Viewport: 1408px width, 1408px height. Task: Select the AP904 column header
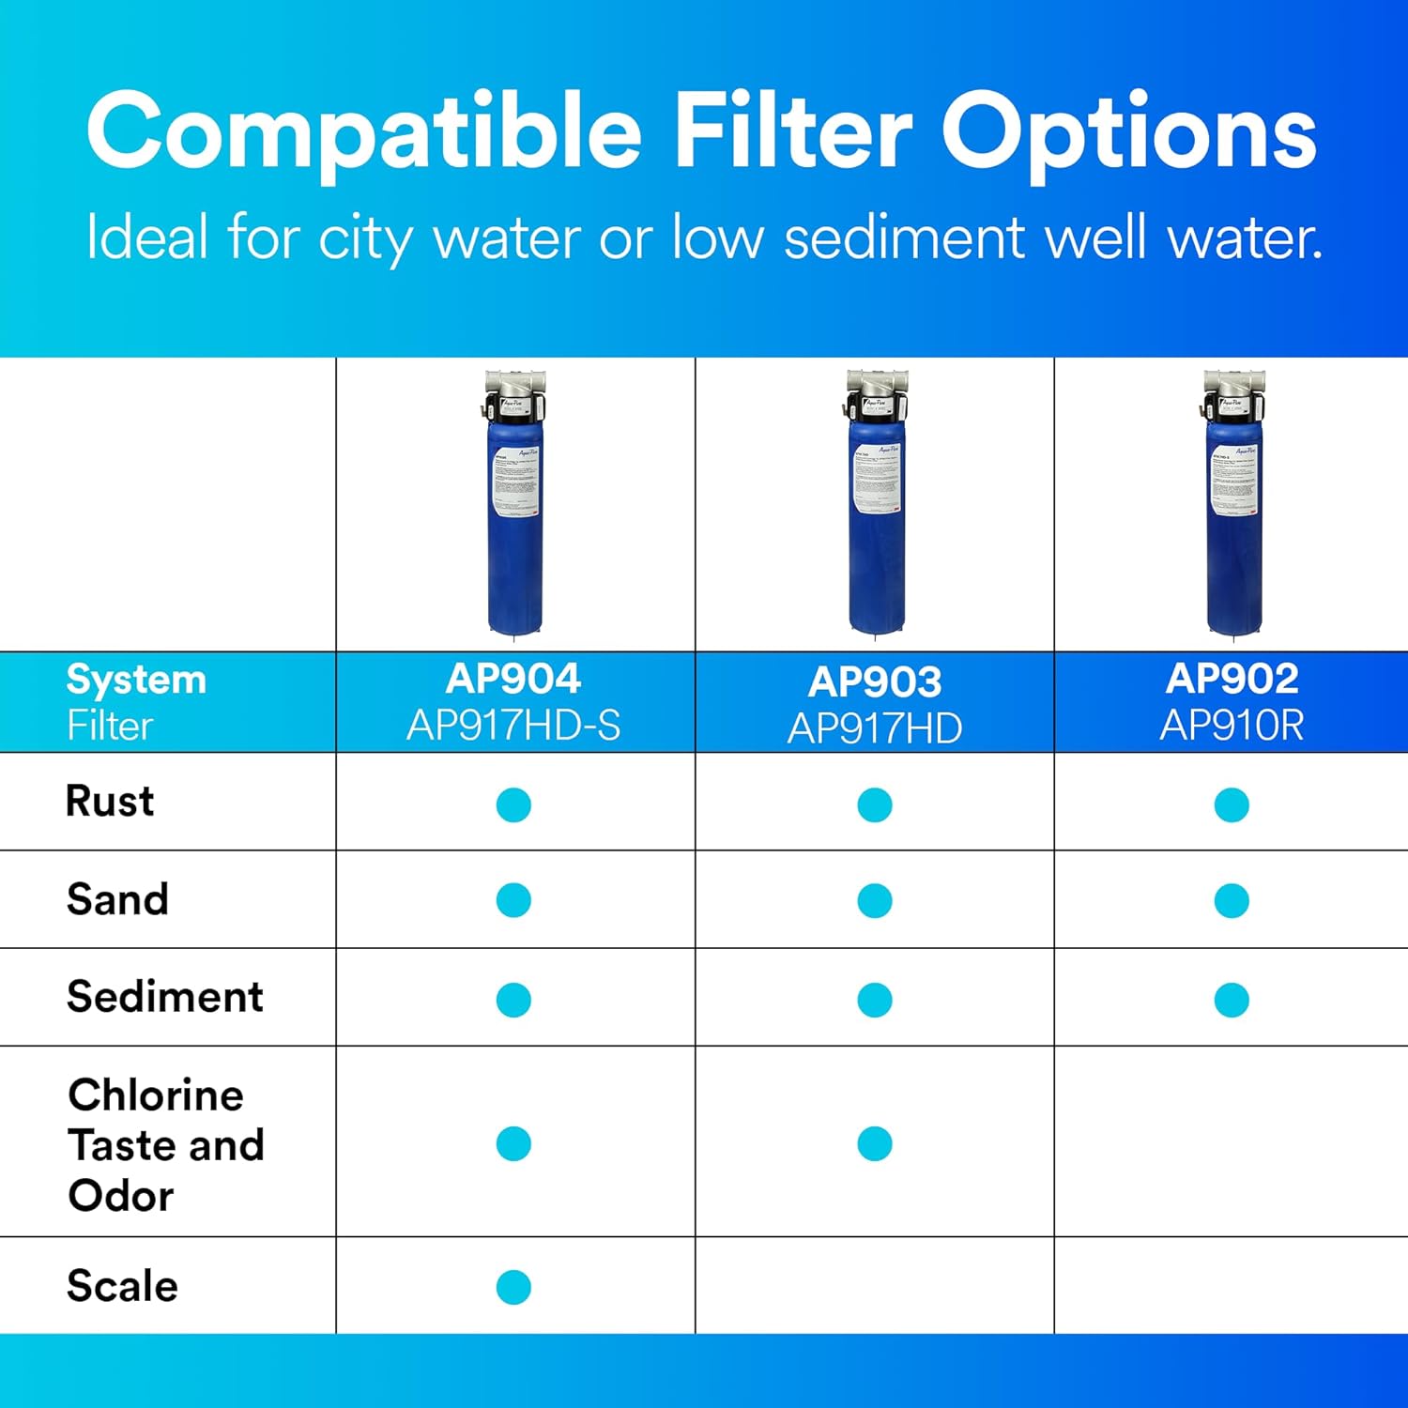[x=513, y=679]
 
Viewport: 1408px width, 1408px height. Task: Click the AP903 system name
[x=874, y=682]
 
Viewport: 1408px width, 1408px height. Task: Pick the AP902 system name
[x=1232, y=679]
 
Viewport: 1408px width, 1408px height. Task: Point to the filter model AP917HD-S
[x=513, y=726]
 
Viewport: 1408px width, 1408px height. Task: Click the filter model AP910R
[x=1232, y=726]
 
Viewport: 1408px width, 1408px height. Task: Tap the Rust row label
[x=110, y=802]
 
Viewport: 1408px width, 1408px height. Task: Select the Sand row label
[x=117, y=899]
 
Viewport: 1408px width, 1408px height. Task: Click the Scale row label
[x=122, y=1285]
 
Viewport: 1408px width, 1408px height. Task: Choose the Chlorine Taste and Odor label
[x=165, y=1144]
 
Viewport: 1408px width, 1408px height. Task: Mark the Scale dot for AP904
[x=513, y=1287]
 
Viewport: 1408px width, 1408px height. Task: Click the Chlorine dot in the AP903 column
[x=874, y=1143]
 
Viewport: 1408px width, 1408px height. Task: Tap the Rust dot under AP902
[x=1232, y=804]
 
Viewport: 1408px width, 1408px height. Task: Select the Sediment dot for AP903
[x=874, y=1000]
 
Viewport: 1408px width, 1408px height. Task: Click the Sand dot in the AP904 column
[x=513, y=900]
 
